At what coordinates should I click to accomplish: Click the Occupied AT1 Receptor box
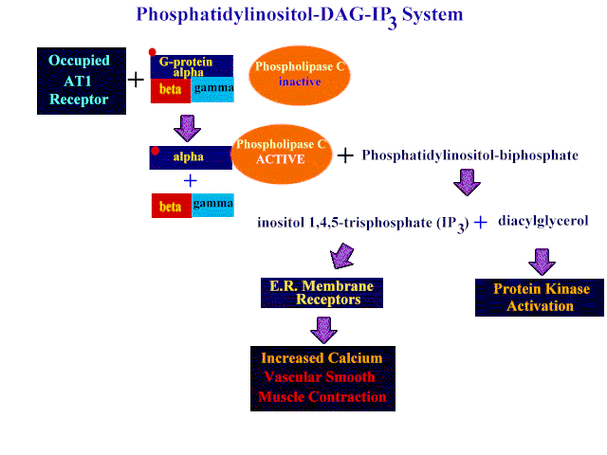(x=82, y=81)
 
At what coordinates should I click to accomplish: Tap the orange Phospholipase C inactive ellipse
(x=300, y=76)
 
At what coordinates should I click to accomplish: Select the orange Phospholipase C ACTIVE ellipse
(x=281, y=154)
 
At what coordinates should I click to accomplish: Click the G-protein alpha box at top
(x=192, y=66)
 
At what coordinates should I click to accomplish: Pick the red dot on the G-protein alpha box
(x=152, y=52)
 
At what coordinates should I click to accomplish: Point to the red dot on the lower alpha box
(x=156, y=151)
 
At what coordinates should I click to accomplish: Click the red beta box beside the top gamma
(x=171, y=91)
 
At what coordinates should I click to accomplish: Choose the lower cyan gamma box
(x=212, y=205)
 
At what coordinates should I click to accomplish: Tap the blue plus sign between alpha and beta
(x=190, y=181)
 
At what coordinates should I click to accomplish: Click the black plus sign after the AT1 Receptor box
(x=136, y=80)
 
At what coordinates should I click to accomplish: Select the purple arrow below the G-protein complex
(x=188, y=128)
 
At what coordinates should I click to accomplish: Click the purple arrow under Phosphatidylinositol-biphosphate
(x=467, y=182)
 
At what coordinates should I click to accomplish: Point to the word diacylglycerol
(x=543, y=221)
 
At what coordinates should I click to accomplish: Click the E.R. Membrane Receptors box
(x=322, y=293)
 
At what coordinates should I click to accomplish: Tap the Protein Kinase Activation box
(x=540, y=298)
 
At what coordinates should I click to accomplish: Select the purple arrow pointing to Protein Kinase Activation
(x=542, y=262)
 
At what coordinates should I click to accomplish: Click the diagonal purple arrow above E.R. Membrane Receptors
(x=341, y=257)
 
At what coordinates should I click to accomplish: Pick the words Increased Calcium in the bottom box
(x=322, y=358)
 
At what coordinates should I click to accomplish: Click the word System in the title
(x=432, y=15)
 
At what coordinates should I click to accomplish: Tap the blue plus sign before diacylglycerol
(x=481, y=222)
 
